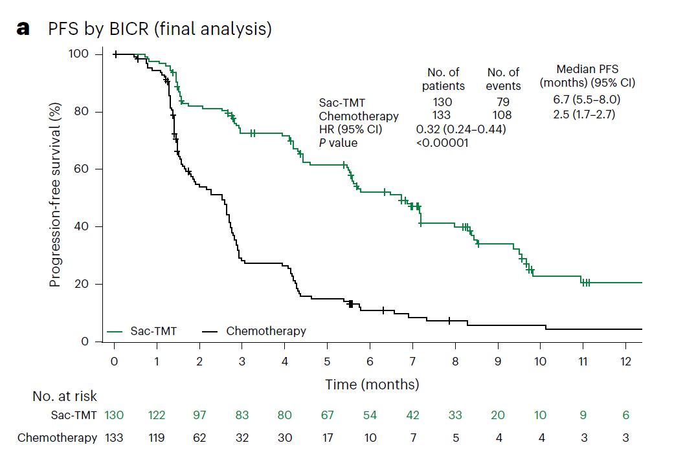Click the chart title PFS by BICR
[x=159, y=29]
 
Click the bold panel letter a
[x=24, y=29]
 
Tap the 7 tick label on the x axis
[x=412, y=360]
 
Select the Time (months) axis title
[x=372, y=384]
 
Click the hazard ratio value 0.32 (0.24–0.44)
[x=460, y=129]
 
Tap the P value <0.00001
[x=442, y=143]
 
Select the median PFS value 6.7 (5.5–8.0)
[x=587, y=100]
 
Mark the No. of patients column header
[x=444, y=79]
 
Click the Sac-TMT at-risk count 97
[x=199, y=415]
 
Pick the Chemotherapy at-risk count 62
[x=199, y=438]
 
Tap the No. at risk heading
[x=65, y=396]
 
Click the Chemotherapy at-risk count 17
[x=328, y=438]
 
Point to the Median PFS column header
[x=587, y=76]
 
